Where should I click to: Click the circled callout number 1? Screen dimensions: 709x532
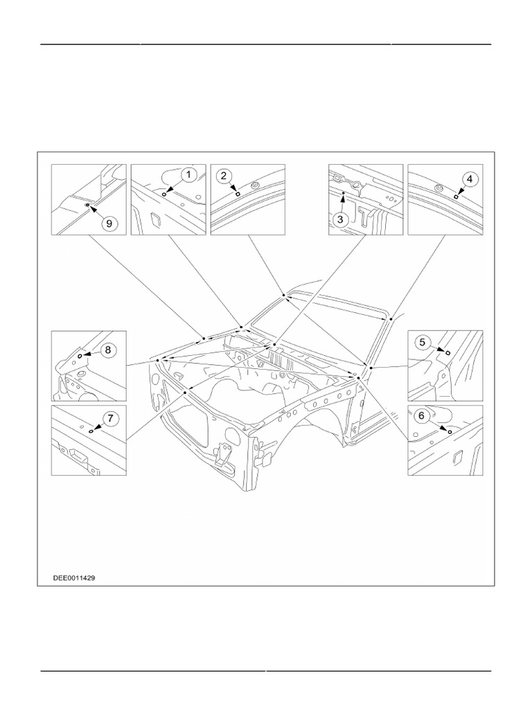(188, 175)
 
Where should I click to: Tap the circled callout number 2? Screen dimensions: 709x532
(223, 175)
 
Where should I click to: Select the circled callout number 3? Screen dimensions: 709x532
(339, 219)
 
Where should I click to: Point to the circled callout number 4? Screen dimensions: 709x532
(469, 179)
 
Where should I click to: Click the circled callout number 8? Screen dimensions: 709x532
(107, 350)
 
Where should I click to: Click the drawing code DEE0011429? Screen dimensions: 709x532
(74, 577)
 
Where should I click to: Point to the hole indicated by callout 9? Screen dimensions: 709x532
(86, 206)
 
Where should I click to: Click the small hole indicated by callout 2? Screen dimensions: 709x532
(238, 195)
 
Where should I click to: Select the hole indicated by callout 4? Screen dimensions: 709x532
(455, 197)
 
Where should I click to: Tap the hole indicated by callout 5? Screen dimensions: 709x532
(447, 352)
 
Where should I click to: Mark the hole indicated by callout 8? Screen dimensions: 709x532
(80, 355)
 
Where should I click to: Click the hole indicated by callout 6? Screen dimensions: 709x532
(450, 431)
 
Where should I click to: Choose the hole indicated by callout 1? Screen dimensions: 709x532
(163, 195)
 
